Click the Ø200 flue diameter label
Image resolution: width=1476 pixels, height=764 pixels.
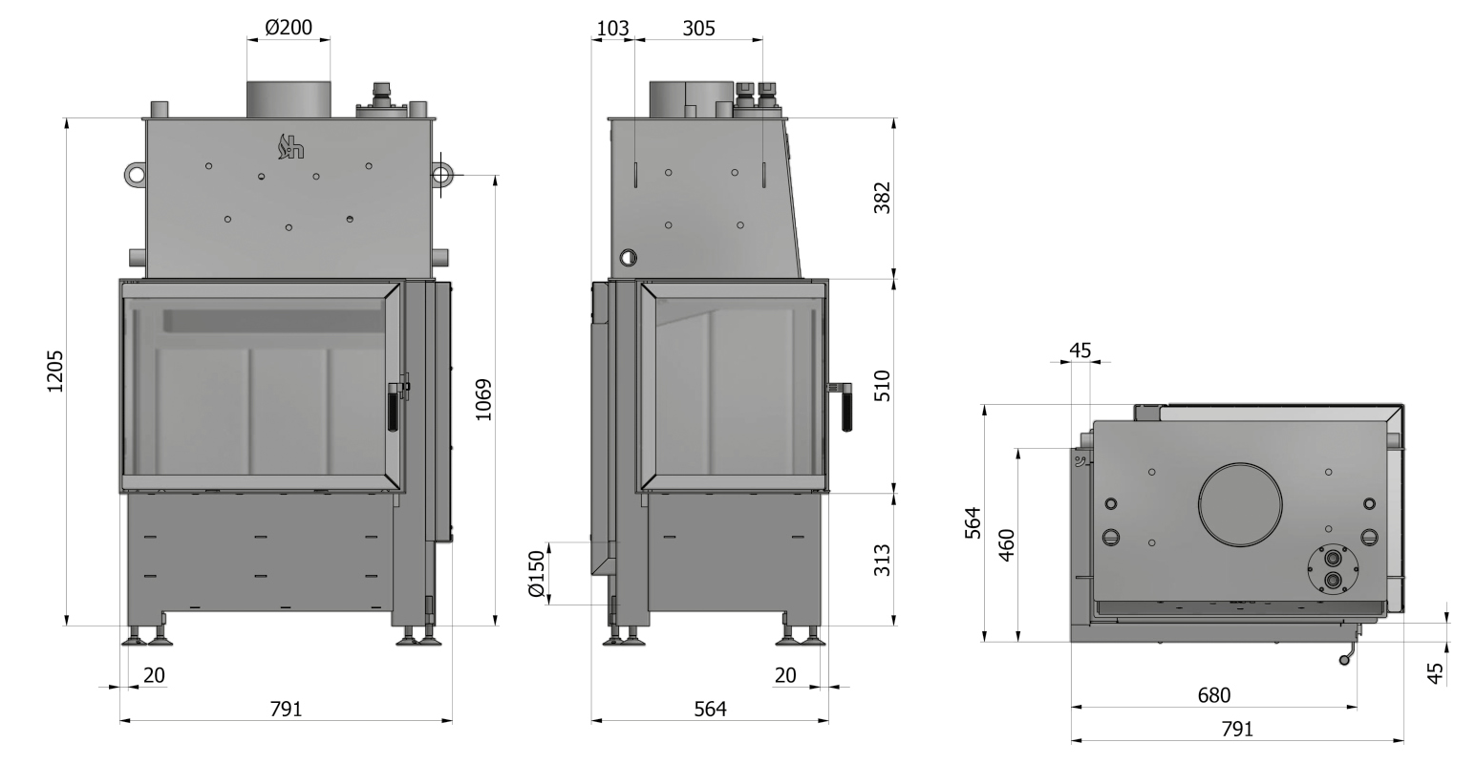(x=289, y=27)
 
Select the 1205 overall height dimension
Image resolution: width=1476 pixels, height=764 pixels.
(x=55, y=371)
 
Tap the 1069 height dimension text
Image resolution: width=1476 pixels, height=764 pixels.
(x=483, y=399)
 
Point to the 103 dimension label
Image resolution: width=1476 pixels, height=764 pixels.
(x=612, y=29)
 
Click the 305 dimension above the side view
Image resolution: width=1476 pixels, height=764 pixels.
(x=698, y=29)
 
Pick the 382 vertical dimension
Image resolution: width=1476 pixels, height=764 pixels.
(x=883, y=198)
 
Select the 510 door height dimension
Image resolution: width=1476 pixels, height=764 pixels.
(x=883, y=386)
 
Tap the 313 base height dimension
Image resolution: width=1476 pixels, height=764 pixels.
(x=883, y=560)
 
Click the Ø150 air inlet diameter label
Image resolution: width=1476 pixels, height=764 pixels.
(x=538, y=574)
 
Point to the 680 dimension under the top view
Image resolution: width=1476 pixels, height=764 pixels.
(x=1213, y=695)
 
